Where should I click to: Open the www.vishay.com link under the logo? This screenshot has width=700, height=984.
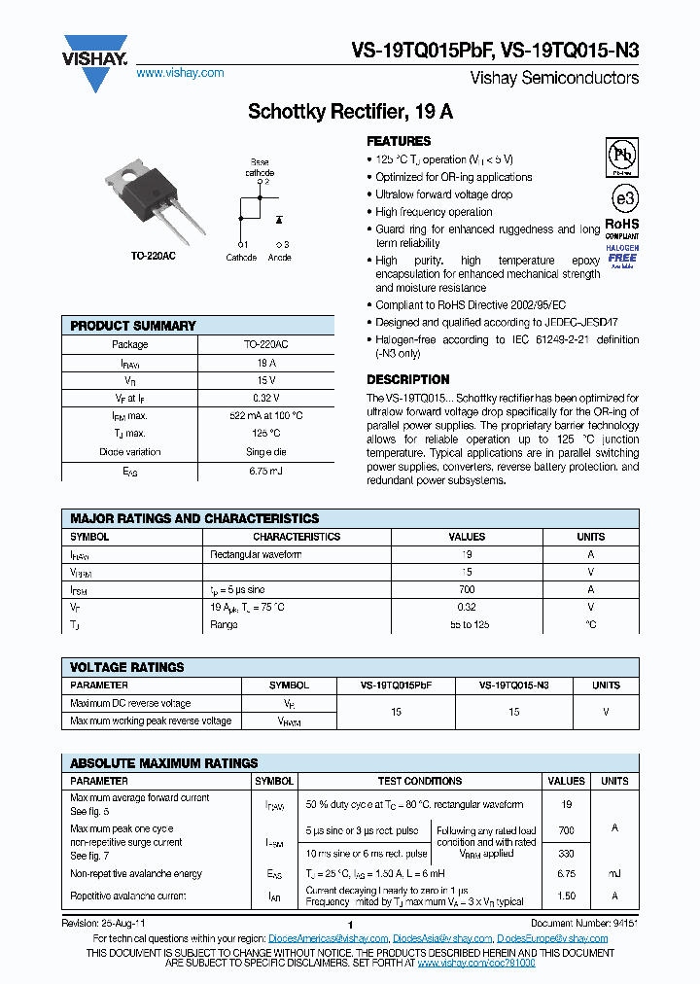coord(180,73)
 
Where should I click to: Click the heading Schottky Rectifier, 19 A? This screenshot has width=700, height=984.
coord(350,112)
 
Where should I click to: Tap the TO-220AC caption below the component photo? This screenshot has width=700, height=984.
coord(154,256)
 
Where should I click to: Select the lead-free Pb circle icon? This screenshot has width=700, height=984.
coord(622,157)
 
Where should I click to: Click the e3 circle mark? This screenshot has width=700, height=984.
coord(622,199)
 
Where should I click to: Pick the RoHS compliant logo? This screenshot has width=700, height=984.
coord(622,228)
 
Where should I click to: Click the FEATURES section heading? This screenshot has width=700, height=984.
coord(399,141)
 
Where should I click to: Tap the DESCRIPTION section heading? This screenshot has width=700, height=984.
coord(407,379)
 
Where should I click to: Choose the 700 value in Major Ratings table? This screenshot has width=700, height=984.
coord(467,589)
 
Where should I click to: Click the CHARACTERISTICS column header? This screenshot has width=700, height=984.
coord(297,537)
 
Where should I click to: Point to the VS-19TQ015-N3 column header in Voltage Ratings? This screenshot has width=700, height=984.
coord(513,685)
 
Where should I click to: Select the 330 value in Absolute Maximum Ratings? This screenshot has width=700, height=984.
coord(566,853)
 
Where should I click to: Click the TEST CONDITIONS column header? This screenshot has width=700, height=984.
coord(420,781)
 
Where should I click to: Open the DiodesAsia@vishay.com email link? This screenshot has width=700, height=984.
coord(442,938)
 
